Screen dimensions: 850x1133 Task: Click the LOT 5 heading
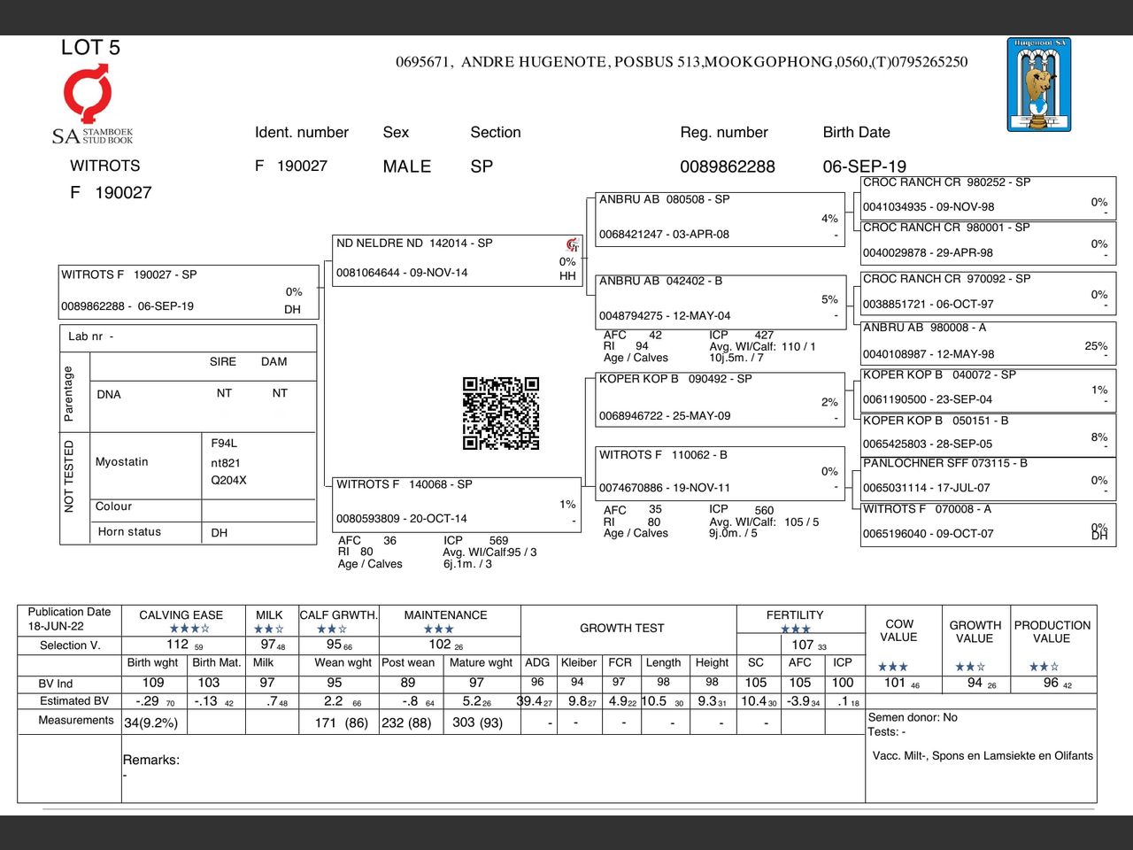pos(90,48)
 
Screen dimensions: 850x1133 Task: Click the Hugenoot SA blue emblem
pos(1038,85)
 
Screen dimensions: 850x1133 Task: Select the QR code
pos(501,413)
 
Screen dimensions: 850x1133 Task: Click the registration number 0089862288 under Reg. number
pos(727,166)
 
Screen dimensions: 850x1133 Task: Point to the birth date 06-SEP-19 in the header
pos(864,166)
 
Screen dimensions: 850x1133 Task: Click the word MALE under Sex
pos(407,166)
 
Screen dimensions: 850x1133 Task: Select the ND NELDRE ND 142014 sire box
pos(457,259)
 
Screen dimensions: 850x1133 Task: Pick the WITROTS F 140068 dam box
pos(457,502)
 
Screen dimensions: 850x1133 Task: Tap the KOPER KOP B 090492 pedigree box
pos(719,398)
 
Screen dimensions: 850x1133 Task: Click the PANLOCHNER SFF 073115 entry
pos(987,475)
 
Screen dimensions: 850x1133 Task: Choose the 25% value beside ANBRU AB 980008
pos(1096,346)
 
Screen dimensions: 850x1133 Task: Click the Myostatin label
pos(122,462)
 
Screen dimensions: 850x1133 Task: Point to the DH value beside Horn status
pos(220,533)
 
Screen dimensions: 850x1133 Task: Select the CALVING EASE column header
pos(181,614)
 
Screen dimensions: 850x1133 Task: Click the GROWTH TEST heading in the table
pos(621,628)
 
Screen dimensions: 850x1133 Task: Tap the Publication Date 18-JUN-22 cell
pos(69,619)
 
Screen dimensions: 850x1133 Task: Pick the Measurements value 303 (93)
pos(477,722)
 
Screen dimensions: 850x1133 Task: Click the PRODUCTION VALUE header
pos(1052,631)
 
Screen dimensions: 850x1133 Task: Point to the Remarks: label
pos(151,760)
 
